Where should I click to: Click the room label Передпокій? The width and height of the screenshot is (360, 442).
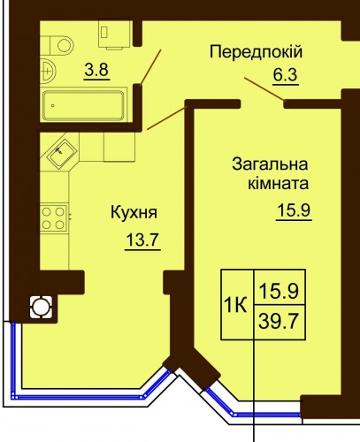[x=256, y=52]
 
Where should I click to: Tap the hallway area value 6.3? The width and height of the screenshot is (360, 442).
[x=285, y=75]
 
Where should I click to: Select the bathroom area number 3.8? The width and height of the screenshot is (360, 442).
[x=96, y=70]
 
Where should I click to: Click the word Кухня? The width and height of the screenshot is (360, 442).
[x=134, y=212]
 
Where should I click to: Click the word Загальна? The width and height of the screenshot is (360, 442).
[x=270, y=164]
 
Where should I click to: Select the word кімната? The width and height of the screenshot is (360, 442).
[x=279, y=184]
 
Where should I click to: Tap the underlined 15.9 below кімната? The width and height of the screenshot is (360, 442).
[x=294, y=210]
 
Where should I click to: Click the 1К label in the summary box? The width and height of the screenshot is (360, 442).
[x=235, y=305]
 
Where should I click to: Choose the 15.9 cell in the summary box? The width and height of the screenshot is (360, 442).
[x=279, y=291]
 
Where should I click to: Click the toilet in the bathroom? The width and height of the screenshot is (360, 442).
[x=57, y=45]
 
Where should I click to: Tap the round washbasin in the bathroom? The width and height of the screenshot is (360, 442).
[x=48, y=71]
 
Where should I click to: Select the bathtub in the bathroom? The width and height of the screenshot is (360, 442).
[x=84, y=105]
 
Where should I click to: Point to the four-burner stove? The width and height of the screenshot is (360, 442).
[x=54, y=218]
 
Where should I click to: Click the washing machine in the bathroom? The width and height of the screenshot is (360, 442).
[x=114, y=34]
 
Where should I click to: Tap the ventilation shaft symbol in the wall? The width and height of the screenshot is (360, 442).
[x=41, y=308]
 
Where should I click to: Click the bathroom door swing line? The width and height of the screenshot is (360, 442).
[x=150, y=67]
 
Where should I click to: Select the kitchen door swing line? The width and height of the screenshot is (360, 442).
[x=167, y=118]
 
